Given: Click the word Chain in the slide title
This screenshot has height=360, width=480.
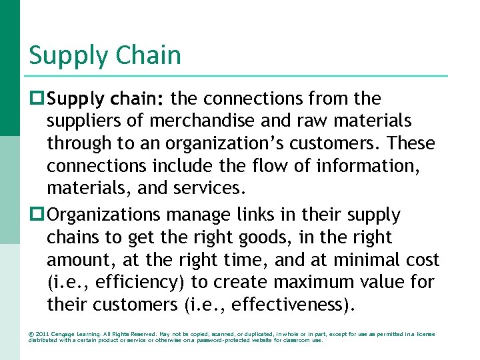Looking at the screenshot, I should tap(147, 55).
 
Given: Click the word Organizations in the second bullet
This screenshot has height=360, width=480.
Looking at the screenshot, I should tap(105, 215).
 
